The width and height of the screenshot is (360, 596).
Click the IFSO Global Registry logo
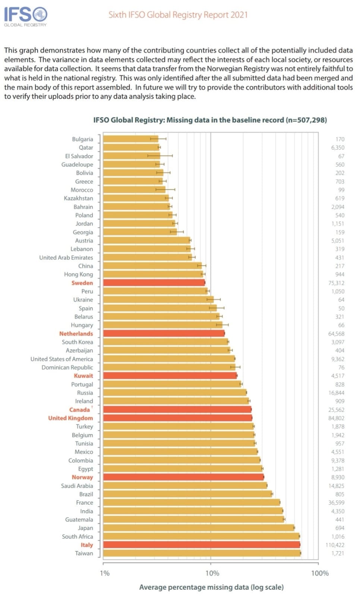[25, 16]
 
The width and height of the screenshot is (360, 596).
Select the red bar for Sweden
[154, 283]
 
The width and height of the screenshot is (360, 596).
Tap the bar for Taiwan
[201, 553]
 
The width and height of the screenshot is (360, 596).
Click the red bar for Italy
[201, 545]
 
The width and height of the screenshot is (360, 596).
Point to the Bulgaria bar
[130, 139]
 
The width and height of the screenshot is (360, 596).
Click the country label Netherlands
[76, 334]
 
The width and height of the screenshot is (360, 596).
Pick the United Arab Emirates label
[66, 258]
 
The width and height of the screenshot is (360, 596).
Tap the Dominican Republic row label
[67, 368]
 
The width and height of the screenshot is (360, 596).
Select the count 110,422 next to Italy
[335, 545]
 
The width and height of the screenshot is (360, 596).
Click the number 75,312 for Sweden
[336, 283]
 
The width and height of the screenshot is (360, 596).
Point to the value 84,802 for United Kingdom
[336, 418]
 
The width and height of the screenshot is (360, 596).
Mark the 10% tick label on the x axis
[212, 573]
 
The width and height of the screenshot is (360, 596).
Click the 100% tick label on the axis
[320, 573]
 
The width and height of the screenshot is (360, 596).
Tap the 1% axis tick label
[105, 573]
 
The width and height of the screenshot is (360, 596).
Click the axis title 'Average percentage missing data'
[211, 587]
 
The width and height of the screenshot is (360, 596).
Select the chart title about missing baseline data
[210, 120]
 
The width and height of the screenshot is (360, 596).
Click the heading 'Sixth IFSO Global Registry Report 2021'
[178, 15]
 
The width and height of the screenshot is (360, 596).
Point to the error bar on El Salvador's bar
[160, 156]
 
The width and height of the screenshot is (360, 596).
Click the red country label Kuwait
[83, 376]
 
